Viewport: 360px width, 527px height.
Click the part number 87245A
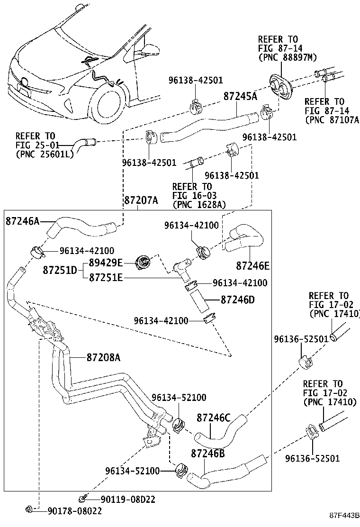click(240, 97)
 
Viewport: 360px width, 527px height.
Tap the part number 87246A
click(23, 221)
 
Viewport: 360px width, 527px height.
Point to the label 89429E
click(106, 263)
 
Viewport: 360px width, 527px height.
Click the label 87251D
click(60, 270)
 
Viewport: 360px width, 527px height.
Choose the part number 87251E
click(106, 277)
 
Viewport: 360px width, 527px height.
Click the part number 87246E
click(253, 266)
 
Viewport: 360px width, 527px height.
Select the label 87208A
click(103, 357)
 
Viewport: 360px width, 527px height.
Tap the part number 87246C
click(213, 418)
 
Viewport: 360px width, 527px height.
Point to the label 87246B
click(207, 454)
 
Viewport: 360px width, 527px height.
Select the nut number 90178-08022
click(74, 510)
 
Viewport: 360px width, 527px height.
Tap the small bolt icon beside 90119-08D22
click(83, 498)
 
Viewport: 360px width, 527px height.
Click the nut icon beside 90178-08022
click(29, 509)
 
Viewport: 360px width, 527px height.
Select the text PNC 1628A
click(199, 204)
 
